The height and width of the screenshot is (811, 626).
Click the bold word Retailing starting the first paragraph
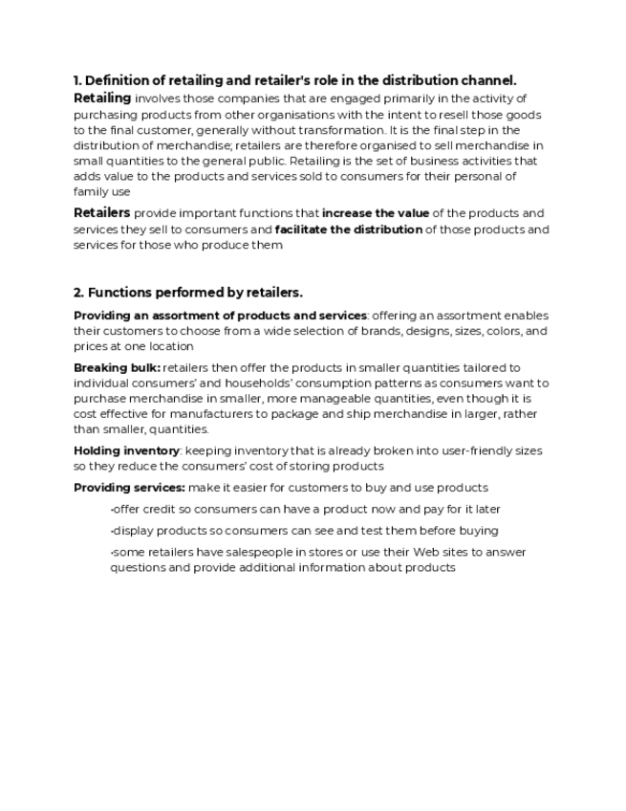click(x=102, y=98)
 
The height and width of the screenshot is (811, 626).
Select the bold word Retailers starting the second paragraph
click(x=102, y=212)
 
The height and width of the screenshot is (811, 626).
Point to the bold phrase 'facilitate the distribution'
click(x=348, y=230)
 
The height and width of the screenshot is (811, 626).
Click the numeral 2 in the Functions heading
click(x=77, y=292)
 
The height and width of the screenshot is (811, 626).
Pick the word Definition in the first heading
click(x=119, y=80)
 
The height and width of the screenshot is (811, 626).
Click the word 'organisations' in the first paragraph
click(x=272, y=114)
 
